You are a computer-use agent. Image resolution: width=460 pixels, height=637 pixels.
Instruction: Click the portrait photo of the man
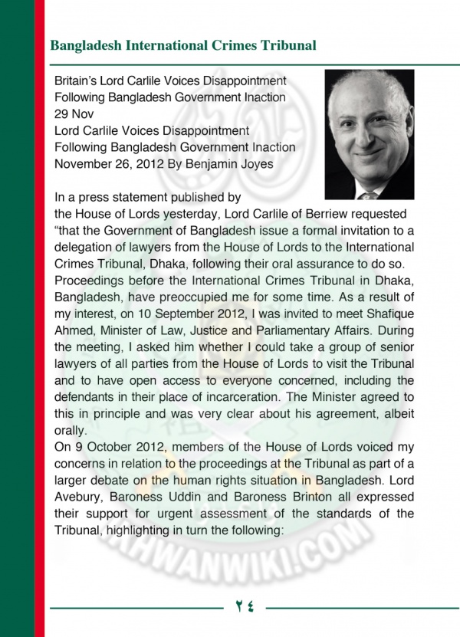point(369,134)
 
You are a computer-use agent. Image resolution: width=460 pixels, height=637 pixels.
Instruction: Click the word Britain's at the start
point(80,80)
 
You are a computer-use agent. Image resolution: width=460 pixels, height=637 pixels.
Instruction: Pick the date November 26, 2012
point(110,163)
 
